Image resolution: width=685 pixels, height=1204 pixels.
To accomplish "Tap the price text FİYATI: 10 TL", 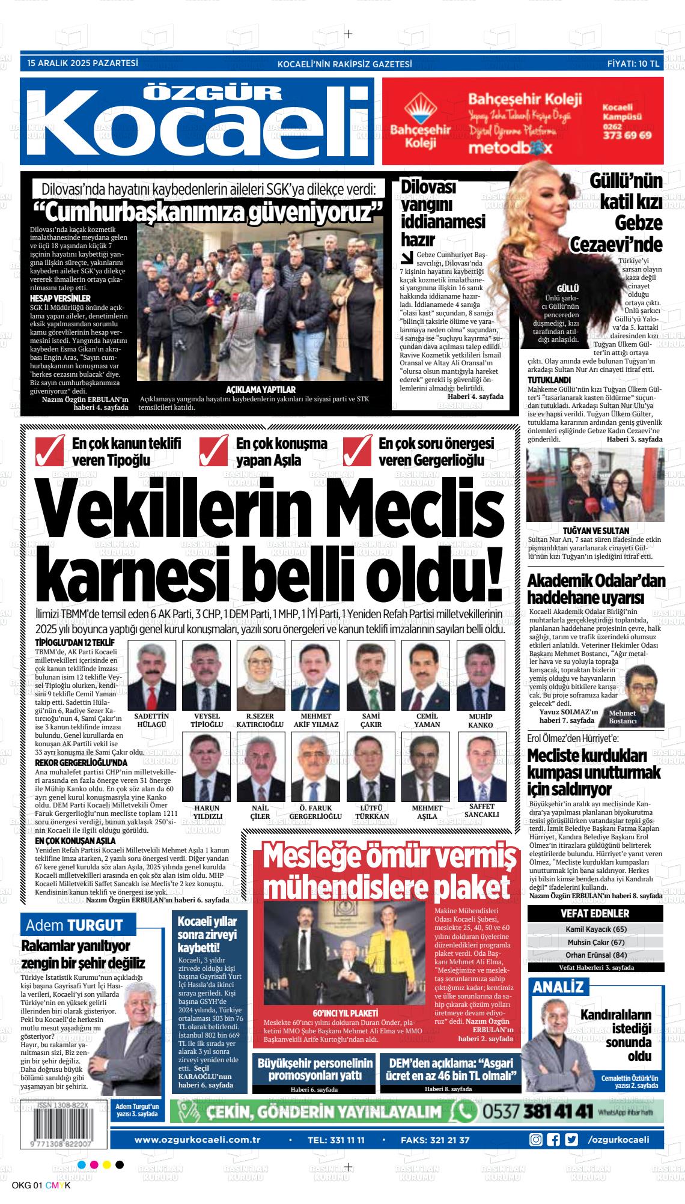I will [633, 62].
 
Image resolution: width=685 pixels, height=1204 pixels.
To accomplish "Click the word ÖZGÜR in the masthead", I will [213, 93].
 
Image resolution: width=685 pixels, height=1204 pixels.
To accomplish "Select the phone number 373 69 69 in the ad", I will [627, 135].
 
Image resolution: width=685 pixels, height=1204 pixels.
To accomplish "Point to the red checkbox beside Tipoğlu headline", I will [50, 451].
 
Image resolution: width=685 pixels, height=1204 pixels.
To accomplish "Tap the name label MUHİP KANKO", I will [480, 720].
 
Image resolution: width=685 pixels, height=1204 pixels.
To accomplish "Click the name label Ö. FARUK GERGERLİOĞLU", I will [315, 812].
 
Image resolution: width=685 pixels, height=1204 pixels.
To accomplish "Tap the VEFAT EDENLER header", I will [595, 913].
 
